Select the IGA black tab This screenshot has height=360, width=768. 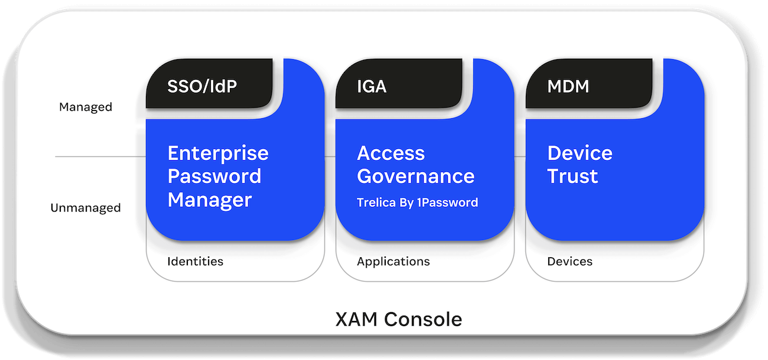[372, 86]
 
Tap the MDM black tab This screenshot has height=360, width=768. [568, 86]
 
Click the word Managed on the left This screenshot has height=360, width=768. [86, 107]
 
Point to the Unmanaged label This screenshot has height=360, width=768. [86, 208]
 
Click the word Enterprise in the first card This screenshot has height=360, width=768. [218, 154]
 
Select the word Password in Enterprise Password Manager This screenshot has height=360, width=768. [214, 176]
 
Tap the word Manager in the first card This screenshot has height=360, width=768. [210, 199]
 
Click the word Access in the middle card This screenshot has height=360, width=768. [390, 154]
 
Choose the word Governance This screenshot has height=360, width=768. [415, 176]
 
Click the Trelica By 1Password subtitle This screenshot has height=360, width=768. [417, 203]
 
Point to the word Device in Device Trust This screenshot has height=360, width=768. [580, 154]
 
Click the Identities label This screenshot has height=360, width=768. [195, 261]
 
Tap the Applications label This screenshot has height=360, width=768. [393, 261]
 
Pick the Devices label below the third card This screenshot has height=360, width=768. [570, 261]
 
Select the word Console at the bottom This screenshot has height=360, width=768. [423, 319]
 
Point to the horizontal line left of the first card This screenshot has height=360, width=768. [100, 157]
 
